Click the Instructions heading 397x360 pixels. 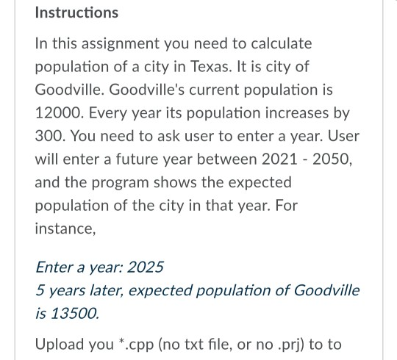coord(76,13)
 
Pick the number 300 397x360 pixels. coord(50,137)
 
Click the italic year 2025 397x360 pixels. coord(146,266)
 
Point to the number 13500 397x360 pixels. coord(74,314)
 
